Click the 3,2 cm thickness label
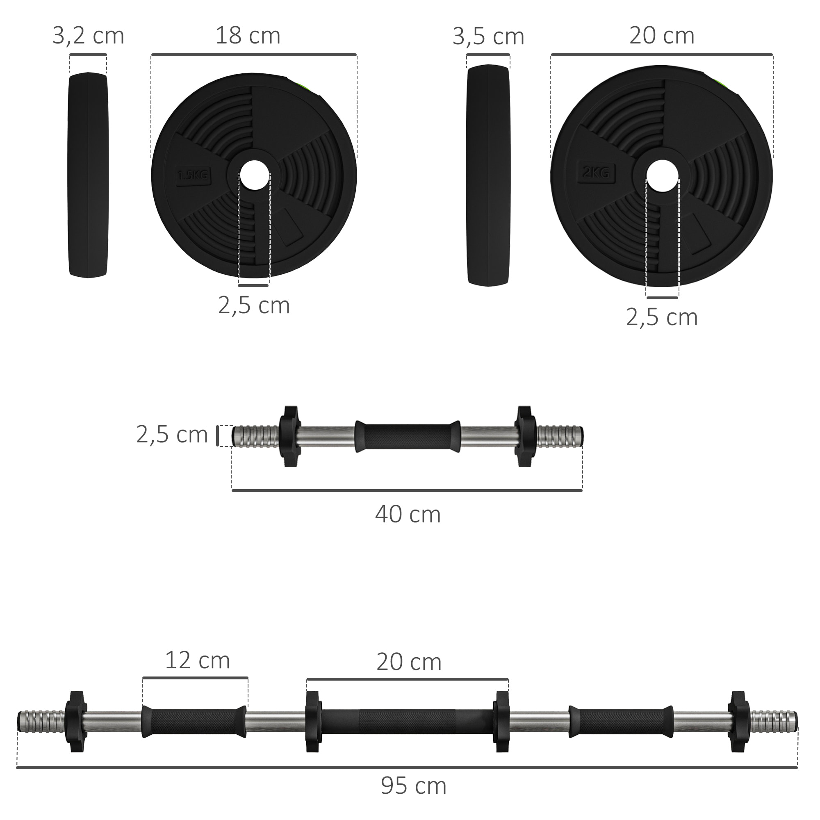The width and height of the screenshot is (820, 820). [88, 36]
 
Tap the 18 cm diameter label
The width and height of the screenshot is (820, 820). [248, 36]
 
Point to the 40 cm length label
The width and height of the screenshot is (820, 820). [408, 515]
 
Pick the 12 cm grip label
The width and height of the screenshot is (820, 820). [197, 661]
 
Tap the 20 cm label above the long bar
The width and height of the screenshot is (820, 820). [409, 662]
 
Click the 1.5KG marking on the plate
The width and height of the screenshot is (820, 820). [193, 175]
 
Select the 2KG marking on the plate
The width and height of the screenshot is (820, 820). [596, 172]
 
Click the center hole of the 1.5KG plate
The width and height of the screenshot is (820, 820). [254, 175]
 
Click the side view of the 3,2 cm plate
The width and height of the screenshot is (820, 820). [88, 175]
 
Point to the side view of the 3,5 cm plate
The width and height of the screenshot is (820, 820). [488, 175]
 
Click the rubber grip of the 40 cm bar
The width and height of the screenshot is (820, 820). [408, 436]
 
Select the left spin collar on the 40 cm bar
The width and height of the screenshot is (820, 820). [290, 436]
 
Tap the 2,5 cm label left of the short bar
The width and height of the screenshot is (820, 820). [172, 435]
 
